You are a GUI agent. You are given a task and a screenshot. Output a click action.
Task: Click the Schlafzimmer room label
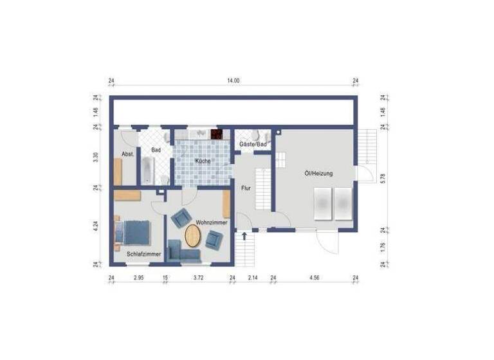[x=143, y=255]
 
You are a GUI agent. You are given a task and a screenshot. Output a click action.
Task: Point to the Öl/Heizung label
[x=318, y=174]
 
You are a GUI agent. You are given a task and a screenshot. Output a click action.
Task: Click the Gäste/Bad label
[x=253, y=145]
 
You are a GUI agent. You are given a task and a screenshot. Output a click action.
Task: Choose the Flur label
[x=245, y=189]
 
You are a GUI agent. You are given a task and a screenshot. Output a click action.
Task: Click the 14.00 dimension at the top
[x=233, y=81]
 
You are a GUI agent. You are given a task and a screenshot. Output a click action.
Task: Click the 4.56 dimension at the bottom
[x=314, y=278]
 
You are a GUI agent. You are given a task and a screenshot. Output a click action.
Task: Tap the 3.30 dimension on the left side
[x=95, y=157]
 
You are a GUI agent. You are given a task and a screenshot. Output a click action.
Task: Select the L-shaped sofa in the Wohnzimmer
[x=181, y=252]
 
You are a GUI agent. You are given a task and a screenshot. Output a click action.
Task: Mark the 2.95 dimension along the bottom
[x=138, y=278]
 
